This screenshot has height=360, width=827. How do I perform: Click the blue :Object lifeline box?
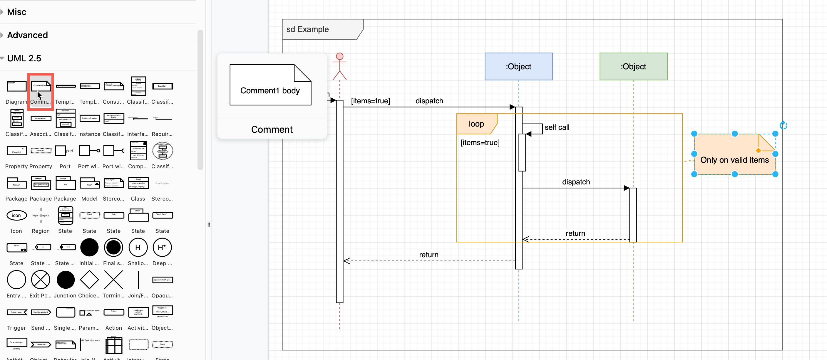point(518,66)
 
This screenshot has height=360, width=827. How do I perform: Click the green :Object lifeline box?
point(633,66)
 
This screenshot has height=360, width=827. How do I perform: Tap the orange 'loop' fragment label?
point(476,124)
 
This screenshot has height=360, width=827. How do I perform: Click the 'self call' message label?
point(557,127)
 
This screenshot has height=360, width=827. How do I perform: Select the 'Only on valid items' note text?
point(734,160)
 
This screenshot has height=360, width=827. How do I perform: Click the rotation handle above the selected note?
point(783,125)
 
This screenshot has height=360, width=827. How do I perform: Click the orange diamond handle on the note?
point(758,150)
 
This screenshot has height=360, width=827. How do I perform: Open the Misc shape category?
point(17,12)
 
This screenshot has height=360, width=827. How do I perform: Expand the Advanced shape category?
point(27,35)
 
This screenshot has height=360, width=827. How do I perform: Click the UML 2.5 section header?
point(24,58)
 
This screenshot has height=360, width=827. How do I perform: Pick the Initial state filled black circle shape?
point(89,247)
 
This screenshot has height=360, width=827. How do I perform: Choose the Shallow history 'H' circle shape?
point(138,247)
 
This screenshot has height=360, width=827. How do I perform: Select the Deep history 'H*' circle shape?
point(162,247)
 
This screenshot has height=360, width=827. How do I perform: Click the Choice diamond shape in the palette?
point(89,280)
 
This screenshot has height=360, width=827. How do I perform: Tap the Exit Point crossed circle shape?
point(41,280)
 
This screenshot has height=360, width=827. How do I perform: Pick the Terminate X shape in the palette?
point(114,280)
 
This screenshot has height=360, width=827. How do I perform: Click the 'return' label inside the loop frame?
point(575,233)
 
